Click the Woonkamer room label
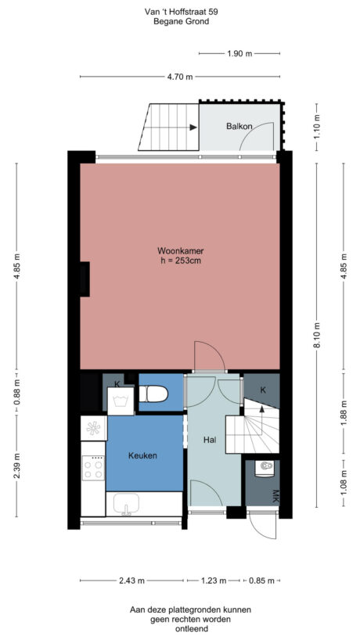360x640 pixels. [179, 250]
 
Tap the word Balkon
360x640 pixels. [239, 126]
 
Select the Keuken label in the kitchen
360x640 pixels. [143, 455]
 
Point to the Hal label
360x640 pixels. [209, 440]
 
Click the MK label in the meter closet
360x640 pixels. [275, 496]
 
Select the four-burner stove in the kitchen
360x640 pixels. [93, 469]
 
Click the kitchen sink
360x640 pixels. [126, 505]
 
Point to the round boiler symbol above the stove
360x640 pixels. [93, 428]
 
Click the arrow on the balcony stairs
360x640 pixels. [191, 128]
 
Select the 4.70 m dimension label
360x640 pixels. [179, 77]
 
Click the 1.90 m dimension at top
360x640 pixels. [239, 53]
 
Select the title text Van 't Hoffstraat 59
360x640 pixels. [180, 11]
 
